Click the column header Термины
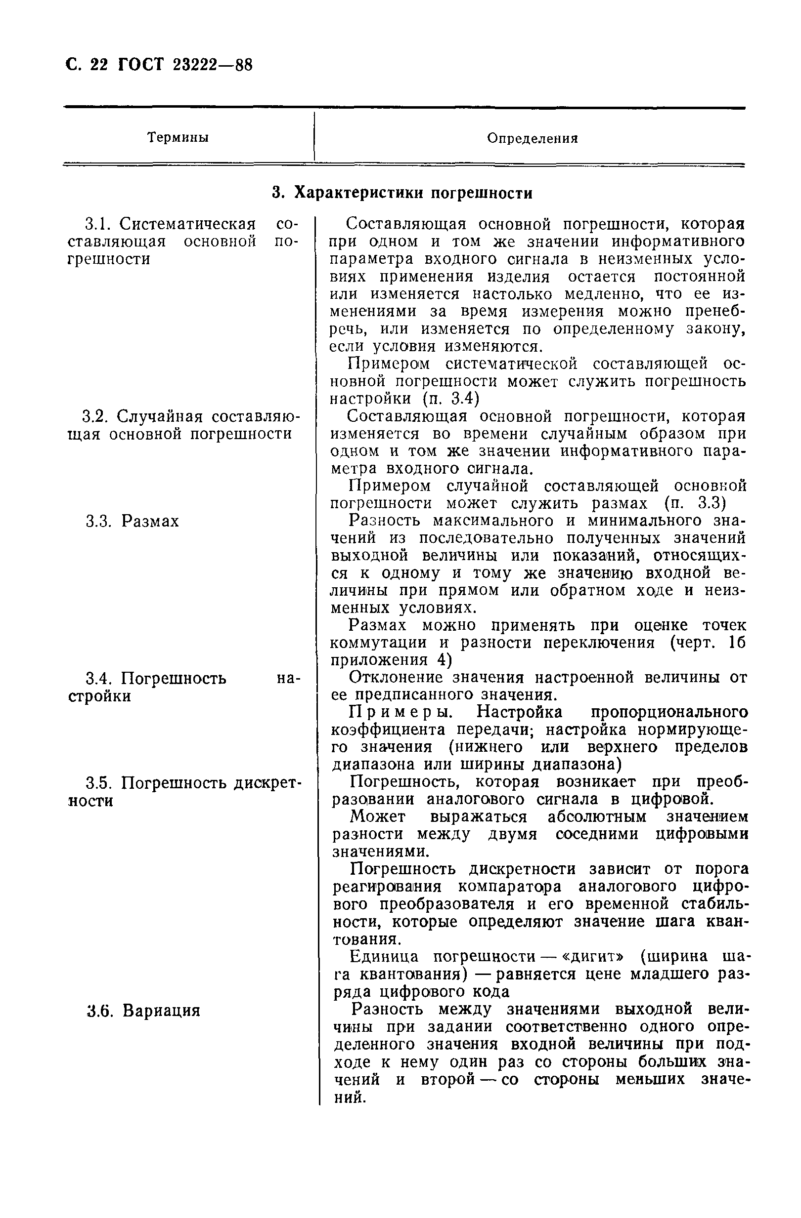tap(178, 138)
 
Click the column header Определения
tap(532, 138)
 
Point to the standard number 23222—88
tap(210, 65)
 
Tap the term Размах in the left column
tap(151, 522)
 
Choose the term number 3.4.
tap(98, 679)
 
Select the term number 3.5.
tap(98, 783)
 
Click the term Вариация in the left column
tap(161, 1011)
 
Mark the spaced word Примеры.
tap(404, 712)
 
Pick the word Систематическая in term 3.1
tap(187, 224)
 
